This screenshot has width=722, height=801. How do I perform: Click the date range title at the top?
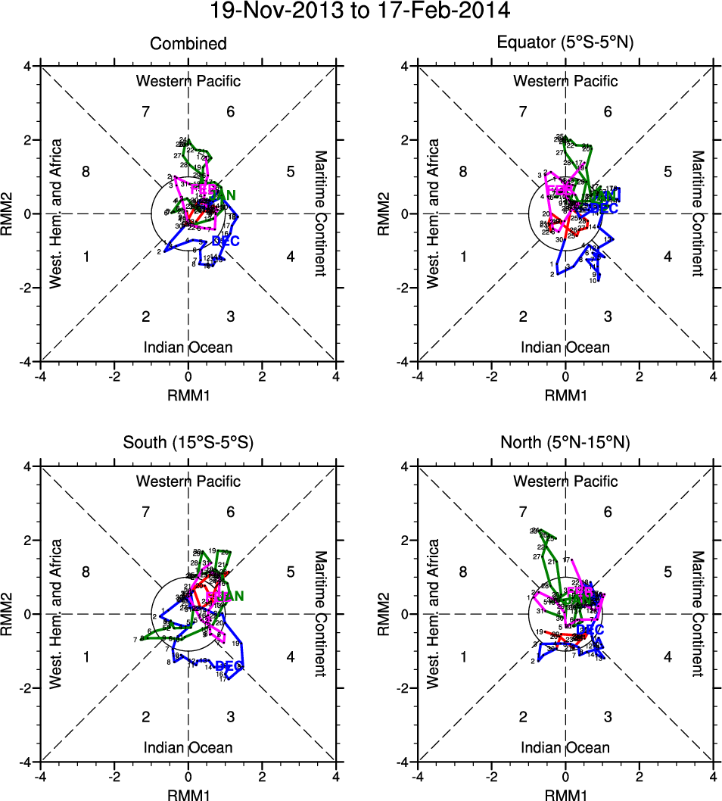(x=361, y=11)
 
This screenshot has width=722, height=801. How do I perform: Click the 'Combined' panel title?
(x=188, y=44)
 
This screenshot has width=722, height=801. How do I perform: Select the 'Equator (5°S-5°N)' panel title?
(x=565, y=44)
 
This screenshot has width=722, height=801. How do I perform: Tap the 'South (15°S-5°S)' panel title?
(x=188, y=444)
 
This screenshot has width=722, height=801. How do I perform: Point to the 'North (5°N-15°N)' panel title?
(x=565, y=444)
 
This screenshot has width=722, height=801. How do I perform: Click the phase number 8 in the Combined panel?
(x=86, y=172)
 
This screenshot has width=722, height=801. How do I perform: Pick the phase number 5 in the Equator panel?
(x=668, y=172)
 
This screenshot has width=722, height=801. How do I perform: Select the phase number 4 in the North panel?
(x=668, y=657)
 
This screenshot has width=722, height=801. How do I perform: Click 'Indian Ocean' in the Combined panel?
(x=188, y=348)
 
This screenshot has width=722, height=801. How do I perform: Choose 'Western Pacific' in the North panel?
(x=565, y=482)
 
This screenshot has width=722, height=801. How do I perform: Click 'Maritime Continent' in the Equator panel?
(x=698, y=213)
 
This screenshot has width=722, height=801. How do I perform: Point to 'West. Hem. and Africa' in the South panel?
(x=55, y=614)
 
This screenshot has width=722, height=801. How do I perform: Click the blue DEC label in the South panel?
(x=228, y=666)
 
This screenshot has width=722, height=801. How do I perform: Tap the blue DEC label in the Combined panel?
(x=226, y=241)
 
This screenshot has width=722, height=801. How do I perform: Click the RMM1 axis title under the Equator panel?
(x=565, y=395)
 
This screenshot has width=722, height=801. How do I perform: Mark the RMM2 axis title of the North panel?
(x=388, y=614)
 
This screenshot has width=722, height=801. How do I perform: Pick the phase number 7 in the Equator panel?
(x=523, y=112)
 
